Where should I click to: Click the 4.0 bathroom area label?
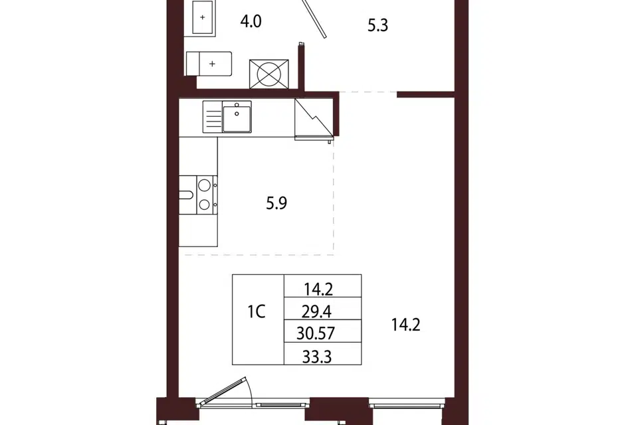(251, 21)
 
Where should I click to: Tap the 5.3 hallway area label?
(377, 25)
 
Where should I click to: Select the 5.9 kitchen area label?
(276, 203)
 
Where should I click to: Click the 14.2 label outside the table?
(405, 325)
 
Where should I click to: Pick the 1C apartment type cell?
(257, 312)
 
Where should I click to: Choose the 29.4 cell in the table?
(316, 312)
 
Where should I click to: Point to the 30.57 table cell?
(316, 333)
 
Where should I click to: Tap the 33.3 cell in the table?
(317, 357)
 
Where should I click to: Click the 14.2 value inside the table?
(318, 289)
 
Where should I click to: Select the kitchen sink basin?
(237, 117)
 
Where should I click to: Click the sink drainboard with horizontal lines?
(213, 117)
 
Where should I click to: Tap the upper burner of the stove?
(204, 185)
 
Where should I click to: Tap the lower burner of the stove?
(204, 204)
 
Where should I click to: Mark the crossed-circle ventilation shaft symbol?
(269, 74)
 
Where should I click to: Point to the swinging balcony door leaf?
(223, 391)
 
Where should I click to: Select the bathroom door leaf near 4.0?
(314, 19)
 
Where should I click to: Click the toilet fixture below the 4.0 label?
(209, 64)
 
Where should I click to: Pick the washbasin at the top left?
(203, 17)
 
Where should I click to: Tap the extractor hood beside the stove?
(187, 195)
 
